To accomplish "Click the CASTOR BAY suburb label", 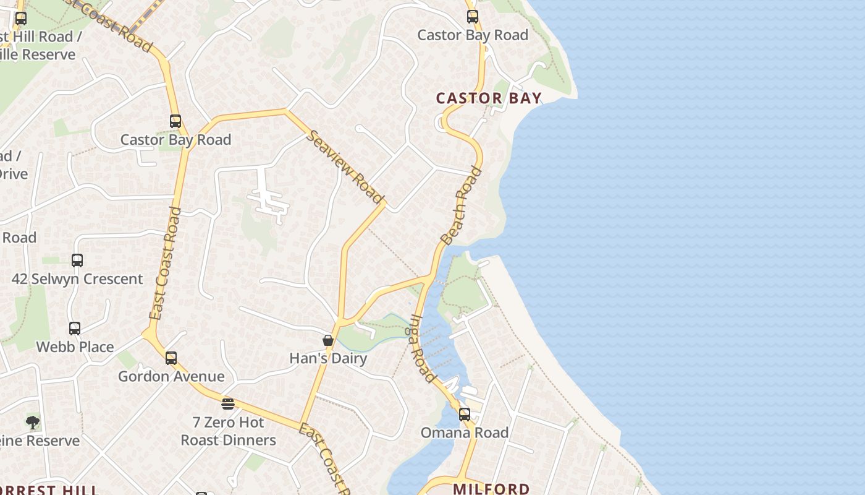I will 489,98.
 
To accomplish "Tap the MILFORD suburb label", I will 491,488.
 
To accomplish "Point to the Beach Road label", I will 461,205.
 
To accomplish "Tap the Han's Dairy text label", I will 328,358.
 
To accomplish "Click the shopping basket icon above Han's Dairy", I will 328,340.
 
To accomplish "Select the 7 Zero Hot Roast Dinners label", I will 228,431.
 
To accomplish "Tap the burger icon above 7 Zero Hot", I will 228,404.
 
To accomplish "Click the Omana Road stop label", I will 464,433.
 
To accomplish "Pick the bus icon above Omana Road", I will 464,415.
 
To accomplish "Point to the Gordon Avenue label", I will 171,376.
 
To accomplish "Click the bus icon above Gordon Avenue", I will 171,358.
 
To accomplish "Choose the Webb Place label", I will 75,346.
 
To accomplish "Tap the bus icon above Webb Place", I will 75,329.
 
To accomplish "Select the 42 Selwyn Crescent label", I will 77,279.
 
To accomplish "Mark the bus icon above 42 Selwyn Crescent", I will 77,260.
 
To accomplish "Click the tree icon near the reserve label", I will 32,423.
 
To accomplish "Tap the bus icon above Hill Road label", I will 21,19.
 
